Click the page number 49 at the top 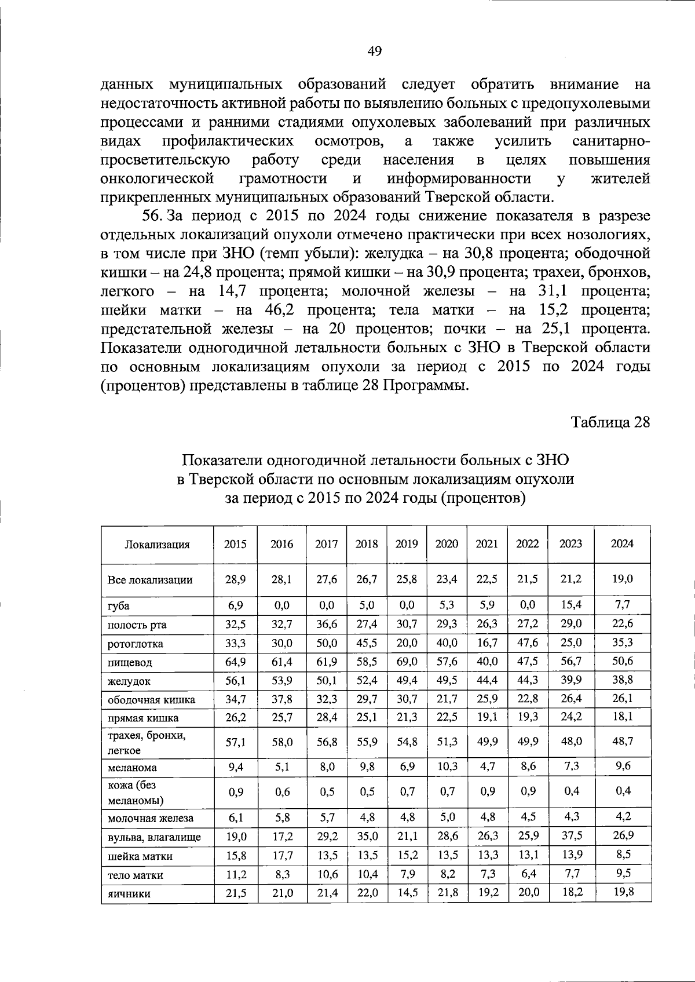pyautogui.click(x=374, y=51)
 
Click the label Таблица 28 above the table pyautogui.click(x=610, y=422)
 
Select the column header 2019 pyautogui.click(x=407, y=544)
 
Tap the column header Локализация pyautogui.click(x=157, y=545)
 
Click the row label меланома pyautogui.click(x=132, y=768)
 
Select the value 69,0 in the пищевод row pyautogui.click(x=407, y=661)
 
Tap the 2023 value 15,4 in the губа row pyautogui.click(x=571, y=605)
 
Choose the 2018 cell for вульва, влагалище pyautogui.click(x=367, y=836)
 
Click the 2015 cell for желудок pyautogui.click(x=236, y=681)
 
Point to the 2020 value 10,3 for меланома pyautogui.click(x=447, y=766)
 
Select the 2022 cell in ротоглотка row pyautogui.click(x=528, y=643)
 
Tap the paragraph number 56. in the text pyautogui.click(x=153, y=216)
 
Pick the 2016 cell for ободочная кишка pyautogui.click(x=282, y=699)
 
